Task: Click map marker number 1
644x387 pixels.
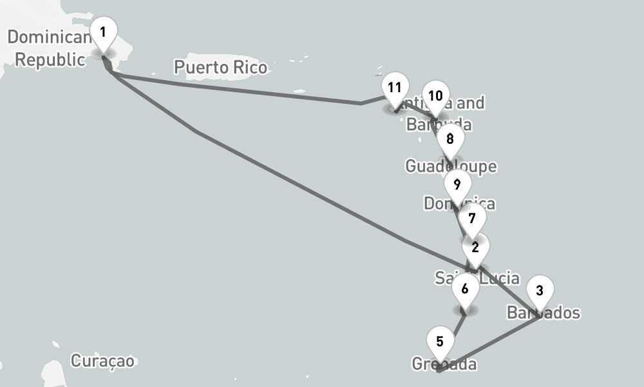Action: click(x=103, y=32)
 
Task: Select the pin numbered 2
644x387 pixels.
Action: click(x=475, y=248)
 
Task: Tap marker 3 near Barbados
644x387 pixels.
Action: click(x=540, y=292)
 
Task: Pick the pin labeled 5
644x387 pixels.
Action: click(x=440, y=342)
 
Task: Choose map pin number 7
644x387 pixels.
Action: click(x=472, y=219)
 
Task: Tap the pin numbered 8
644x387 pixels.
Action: click(x=450, y=140)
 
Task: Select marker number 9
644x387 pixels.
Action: click(x=457, y=186)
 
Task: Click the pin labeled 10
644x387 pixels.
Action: click(x=435, y=97)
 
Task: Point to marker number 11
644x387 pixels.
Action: click(x=395, y=88)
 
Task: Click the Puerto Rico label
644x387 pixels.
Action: click(x=220, y=67)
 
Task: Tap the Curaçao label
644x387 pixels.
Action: click(x=103, y=361)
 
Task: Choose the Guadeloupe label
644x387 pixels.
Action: click(x=451, y=166)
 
